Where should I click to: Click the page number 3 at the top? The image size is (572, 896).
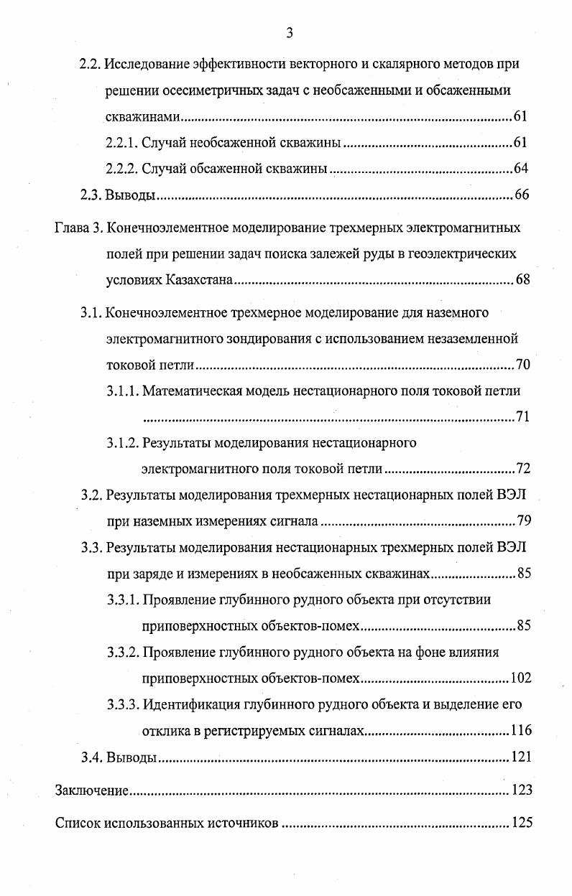click(x=290, y=32)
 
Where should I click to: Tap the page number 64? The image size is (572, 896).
click(x=522, y=169)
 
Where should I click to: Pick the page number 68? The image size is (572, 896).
click(x=522, y=280)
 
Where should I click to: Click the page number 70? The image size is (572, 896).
click(x=522, y=365)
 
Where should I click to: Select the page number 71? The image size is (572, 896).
click(x=522, y=417)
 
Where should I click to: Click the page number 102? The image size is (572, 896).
click(x=520, y=678)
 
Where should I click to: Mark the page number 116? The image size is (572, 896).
click(x=520, y=730)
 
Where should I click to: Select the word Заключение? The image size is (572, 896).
click(x=91, y=790)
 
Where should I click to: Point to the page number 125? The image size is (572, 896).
click(x=520, y=823)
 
